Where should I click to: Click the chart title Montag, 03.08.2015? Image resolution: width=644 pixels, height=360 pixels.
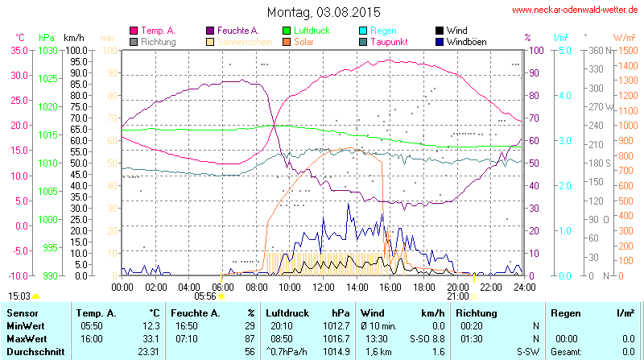click(x=322, y=12)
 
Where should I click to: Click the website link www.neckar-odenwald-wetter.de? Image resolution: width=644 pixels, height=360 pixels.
click(x=576, y=10)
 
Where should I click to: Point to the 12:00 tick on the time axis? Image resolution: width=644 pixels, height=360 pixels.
click(x=324, y=287)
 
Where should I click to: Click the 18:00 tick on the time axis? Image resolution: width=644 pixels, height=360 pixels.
click(x=424, y=287)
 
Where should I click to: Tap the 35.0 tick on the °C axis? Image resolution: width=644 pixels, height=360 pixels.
click(x=19, y=51)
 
